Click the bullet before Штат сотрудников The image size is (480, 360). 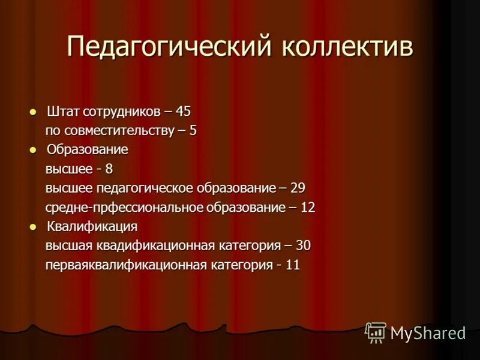click(x=33, y=112)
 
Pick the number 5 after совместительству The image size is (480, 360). click(x=193, y=131)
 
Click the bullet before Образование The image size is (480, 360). click(x=33, y=150)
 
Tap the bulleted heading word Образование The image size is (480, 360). click(x=88, y=150)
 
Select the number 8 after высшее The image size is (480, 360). click(x=109, y=169)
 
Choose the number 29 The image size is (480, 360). click(x=298, y=188)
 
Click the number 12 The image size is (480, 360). click(x=308, y=208)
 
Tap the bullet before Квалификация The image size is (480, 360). click(x=33, y=227)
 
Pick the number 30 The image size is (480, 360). click(x=303, y=246)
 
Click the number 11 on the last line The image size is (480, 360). click(x=292, y=265)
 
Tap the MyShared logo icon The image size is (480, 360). click(x=376, y=332)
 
